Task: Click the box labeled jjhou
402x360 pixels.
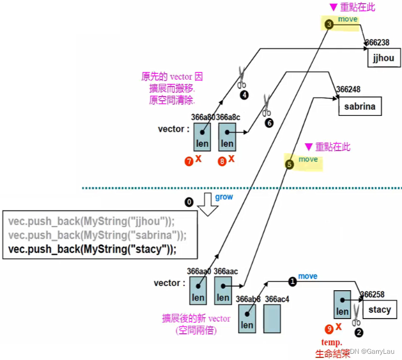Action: [383, 58]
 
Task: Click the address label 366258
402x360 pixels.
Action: [372, 294]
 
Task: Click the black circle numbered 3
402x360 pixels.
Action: [329, 24]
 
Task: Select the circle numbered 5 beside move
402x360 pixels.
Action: [289, 164]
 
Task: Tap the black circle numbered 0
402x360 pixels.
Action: [189, 201]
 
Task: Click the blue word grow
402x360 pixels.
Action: [224, 197]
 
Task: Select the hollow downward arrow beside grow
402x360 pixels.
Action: [208, 203]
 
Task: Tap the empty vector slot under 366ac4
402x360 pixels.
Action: [273, 318]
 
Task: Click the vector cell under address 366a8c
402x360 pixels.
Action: [227, 137]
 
